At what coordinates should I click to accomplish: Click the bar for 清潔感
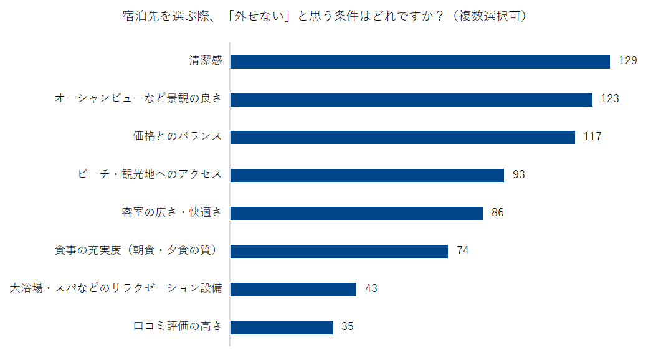tap(420, 62)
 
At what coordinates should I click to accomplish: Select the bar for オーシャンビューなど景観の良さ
tap(411, 100)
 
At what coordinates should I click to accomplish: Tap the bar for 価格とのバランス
tap(402, 138)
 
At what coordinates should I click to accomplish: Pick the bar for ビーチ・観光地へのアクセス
tap(367, 176)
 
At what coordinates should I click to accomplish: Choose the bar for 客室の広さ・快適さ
tap(357, 214)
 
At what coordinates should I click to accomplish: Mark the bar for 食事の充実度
tap(339, 252)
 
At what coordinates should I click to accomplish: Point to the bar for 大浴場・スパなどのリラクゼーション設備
tap(293, 290)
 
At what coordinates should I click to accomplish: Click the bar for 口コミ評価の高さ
tap(282, 328)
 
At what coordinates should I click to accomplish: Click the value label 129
tap(627, 60)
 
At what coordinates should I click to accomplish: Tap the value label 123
tap(609, 98)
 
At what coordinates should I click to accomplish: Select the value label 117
tap(592, 137)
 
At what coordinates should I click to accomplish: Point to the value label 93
tap(519, 175)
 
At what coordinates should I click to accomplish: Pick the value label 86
tap(498, 213)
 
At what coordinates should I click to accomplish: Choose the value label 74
tap(463, 251)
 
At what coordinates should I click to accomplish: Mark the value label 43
tap(371, 289)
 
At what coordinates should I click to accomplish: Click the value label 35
tap(348, 327)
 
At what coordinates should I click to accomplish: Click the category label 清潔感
tap(206, 60)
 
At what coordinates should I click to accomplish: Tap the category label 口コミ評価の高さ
tap(178, 326)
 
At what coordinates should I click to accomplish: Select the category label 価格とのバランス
tap(178, 136)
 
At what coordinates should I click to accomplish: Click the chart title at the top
tap(325, 16)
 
